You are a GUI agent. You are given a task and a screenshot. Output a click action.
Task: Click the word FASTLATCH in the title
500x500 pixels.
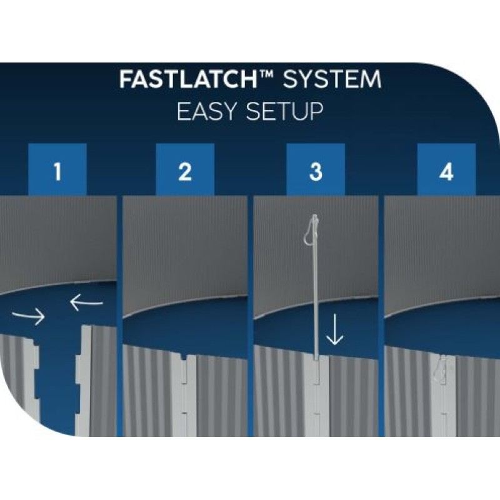189,79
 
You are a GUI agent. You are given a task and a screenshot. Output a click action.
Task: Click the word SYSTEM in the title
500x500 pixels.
332,79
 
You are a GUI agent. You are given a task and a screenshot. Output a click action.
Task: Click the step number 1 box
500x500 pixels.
57,169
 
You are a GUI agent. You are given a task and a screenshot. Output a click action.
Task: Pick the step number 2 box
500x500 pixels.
185,169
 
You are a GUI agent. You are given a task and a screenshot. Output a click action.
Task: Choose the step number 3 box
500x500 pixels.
316,169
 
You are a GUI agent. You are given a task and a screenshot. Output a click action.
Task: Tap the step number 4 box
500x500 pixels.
446,169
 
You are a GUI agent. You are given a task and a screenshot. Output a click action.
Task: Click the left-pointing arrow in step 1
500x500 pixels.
86,302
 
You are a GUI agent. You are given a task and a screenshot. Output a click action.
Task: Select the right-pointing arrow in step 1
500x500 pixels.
29,316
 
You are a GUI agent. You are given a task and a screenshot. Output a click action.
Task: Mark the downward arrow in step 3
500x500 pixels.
335,329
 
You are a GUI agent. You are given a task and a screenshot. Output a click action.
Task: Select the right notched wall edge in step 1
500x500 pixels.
84,379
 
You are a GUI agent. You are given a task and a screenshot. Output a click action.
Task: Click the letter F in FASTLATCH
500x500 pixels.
127,79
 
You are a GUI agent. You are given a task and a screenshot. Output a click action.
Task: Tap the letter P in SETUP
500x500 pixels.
316,111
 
